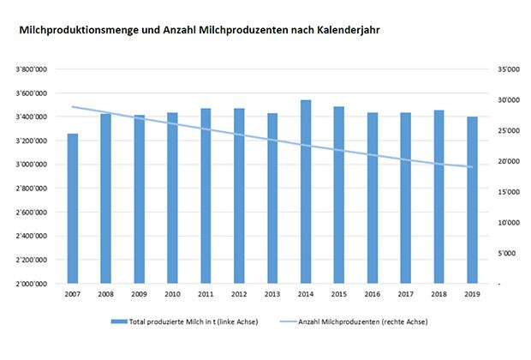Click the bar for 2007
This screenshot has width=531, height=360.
coord(73,208)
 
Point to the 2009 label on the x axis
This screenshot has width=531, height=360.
coord(140,294)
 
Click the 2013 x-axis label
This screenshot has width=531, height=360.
coord(272,294)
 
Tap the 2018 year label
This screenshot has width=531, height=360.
coord(439,294)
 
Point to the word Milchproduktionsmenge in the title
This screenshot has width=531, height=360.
coord(75,29)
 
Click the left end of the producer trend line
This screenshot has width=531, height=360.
coord(73,106)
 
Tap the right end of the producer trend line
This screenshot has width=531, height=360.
coord(472,167)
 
